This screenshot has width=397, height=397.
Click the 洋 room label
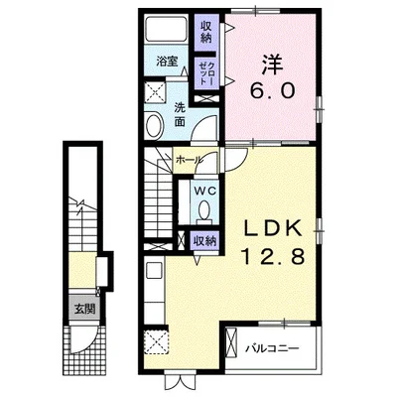point(273,65)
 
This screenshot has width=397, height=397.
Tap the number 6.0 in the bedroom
point(272,91)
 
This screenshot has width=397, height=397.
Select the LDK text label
point(273,228)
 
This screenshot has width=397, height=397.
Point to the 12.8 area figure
point(273,256)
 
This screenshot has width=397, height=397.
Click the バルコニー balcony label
point(272,348)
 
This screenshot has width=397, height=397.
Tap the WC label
point(205,191)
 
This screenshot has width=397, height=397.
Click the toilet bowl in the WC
point(204,210)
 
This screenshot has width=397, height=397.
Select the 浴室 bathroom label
point(168,62)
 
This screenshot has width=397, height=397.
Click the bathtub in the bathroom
point(166,29)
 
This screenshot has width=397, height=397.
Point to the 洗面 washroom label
point(180,115)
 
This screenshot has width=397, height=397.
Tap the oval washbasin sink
point(155,125)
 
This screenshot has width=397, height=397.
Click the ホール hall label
point(189,160)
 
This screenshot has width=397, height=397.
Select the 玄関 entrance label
point(84,309)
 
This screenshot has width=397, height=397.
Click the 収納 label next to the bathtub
point(205,33)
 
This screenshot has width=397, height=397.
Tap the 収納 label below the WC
point(204,241)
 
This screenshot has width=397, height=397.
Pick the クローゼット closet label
point(205,73)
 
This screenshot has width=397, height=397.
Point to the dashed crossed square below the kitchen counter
point(156,342)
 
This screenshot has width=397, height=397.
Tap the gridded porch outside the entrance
point(85,350)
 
